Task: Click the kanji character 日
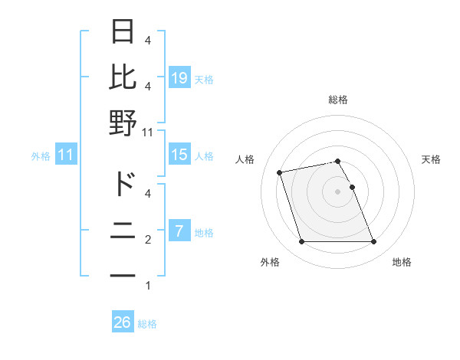[123, 31]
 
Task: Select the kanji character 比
[123, 77]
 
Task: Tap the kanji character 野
[123, 123]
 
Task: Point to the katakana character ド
[123, 184]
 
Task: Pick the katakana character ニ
[123, 230]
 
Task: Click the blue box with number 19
[179, 78]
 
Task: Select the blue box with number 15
[179, 155]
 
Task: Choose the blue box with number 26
[123, 322]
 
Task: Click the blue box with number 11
[66, 155]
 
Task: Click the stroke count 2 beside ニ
[147, 240]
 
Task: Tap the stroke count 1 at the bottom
[147, 286]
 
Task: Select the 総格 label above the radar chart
[337, 100]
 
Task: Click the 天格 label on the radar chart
[431, 159]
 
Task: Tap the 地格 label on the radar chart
[402, 262]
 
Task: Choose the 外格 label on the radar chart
[270, 262]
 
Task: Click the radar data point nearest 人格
[280, 172]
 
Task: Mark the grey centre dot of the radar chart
[337, 191]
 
